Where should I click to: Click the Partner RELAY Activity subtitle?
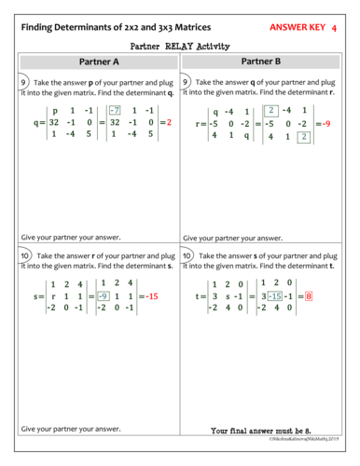[180, 45]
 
